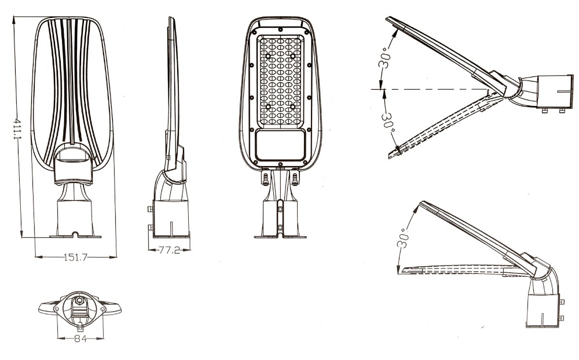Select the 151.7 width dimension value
click(x=75, y=257)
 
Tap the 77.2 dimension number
click(x=170, y=251)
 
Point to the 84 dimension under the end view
click(x=80, y=338)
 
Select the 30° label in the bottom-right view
click(x=403, y=238)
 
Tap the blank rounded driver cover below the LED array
click(x=280, y=144)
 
